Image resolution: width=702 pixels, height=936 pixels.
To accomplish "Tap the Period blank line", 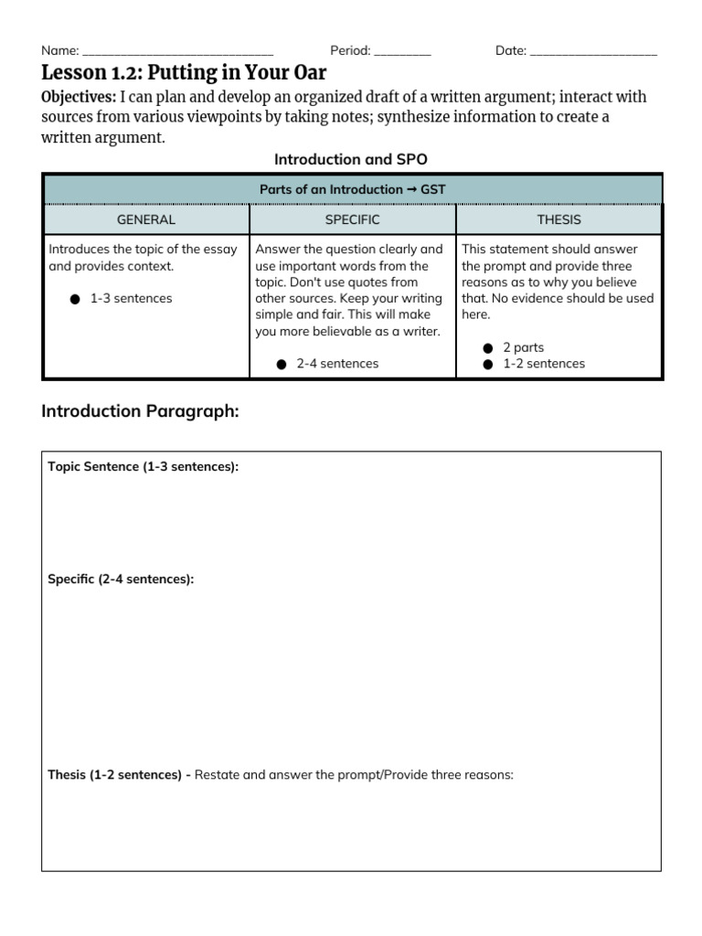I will tap(402, 52).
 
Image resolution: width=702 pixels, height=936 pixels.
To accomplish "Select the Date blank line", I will tap(593, 52).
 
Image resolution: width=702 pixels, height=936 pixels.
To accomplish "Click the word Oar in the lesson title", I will tap(306, 73).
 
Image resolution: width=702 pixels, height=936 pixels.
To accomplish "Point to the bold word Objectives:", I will tap(79, 98).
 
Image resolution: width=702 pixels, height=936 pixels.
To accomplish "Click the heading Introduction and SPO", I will tap(351, 159).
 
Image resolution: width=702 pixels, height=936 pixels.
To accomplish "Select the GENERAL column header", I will tap(146, 219).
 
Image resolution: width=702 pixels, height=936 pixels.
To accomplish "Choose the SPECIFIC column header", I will tap(352, 219).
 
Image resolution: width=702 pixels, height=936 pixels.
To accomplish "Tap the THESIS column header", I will tap(559, 219).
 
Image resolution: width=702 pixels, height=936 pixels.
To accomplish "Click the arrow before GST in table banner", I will tap(411, 189).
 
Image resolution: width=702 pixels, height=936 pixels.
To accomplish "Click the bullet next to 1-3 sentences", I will tap(75, 299).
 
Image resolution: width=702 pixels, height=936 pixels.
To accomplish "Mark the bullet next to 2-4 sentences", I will tap(282, 364).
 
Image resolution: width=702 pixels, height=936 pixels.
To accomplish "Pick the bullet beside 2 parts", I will tap(488, 348).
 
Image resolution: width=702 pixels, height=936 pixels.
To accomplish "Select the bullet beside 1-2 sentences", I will tap(488, 364).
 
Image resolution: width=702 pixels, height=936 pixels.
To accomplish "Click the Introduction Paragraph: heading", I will tap(140, 411).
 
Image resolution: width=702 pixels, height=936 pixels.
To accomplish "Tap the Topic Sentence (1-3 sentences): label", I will tap(143, 467).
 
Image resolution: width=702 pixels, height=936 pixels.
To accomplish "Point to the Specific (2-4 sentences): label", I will tap(121, 580).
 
